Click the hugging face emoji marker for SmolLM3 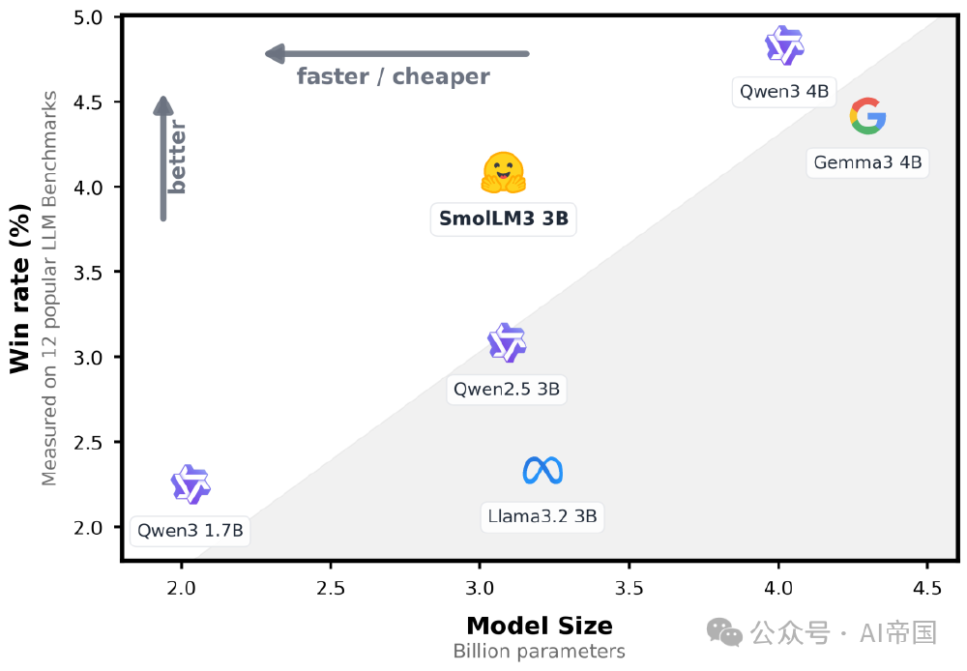point(503,173)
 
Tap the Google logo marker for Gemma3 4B point(867,117)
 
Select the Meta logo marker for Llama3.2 point(542,471)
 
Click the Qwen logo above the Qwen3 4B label point(784,44)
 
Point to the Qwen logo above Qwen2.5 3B point(507,343)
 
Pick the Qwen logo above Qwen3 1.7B point(190,484)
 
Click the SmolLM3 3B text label point(503,219)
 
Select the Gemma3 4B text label point(867,161)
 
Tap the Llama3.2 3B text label point(542,516)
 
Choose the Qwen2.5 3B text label point(507,390)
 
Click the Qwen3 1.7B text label point(190,530)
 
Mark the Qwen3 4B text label point(784,92)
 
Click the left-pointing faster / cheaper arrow point(397,53)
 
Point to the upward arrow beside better point(163,160)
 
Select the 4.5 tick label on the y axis point(93,102)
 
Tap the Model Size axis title point(539,625)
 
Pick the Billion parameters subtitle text point(539,651)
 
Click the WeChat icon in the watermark point(724,632)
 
